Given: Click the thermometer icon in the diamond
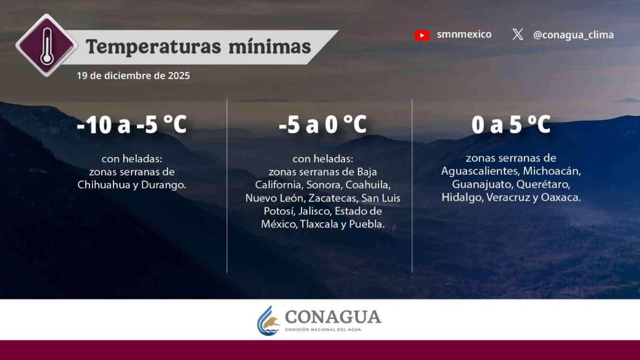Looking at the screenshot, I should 46,46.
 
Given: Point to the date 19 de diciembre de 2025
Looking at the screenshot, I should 133,75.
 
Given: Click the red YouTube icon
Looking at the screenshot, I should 421,35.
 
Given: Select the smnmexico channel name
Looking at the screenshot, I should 464,35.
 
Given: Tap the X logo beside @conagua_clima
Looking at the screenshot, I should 518,35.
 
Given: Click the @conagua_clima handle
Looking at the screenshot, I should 573,35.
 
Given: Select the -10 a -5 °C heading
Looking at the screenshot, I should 132,125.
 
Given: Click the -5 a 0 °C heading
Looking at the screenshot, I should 322,125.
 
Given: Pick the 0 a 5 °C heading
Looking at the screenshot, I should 511,125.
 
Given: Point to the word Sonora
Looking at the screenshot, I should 323,185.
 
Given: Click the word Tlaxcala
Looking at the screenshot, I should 319,224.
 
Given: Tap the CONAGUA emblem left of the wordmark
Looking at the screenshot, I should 268,320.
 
